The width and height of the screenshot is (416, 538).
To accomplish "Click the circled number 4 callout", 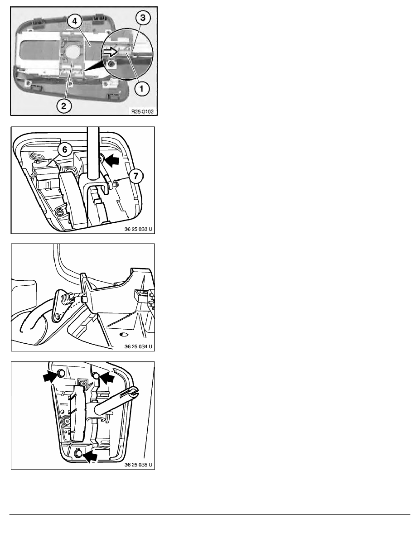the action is coord(74,21).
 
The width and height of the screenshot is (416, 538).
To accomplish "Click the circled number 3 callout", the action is coord(143,18).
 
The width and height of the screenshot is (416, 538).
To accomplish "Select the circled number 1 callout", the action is coord(142,89).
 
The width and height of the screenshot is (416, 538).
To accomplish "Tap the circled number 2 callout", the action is coord(64,106).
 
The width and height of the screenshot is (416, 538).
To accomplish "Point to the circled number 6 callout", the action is coord(65,149).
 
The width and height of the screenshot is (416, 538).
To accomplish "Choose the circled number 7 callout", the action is coord(136,176).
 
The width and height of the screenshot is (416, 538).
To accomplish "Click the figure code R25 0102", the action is coord(142,111).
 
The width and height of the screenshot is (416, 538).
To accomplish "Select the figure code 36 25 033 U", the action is coord(138,229).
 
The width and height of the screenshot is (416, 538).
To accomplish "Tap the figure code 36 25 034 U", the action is coord(138,346).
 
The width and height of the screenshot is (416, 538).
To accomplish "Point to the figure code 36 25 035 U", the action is coord(138,465).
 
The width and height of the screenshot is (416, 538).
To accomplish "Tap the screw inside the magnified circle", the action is coord(111,64).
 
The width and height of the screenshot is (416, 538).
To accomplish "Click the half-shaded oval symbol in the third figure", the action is coord(124,334).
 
